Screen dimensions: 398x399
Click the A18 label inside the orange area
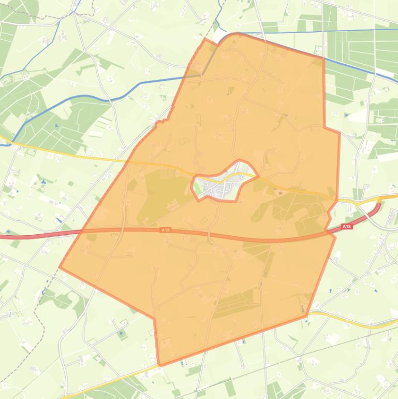tap(165, 230)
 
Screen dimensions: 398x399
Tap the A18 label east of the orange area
tap(347, 226)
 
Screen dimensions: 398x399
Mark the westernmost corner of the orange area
tap(60, 267)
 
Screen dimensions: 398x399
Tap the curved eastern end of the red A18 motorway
tap(378, 207)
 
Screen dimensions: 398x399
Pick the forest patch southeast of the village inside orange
tap(290, 210)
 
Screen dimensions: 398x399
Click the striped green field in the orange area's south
tap(235, 303)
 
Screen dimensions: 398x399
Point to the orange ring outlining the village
tap(193, 184)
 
